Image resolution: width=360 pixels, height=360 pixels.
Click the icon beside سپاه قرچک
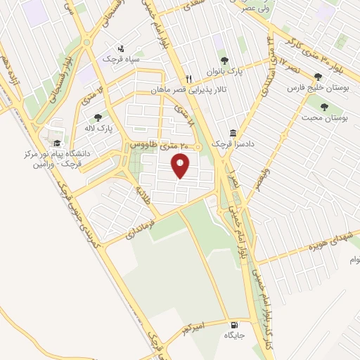[121, 49]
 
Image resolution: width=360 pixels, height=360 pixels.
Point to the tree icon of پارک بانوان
[224, 60]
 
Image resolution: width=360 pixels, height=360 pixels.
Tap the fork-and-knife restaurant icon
[188, 79]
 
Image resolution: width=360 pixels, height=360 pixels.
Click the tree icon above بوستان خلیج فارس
[319, 77]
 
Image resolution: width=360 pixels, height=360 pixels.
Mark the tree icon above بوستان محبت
[323, 107]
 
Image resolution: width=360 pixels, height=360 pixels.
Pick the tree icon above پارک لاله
[97, 117]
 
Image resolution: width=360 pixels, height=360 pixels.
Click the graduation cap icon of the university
[56, 143]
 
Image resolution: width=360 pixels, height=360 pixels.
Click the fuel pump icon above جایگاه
[234, 326]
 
